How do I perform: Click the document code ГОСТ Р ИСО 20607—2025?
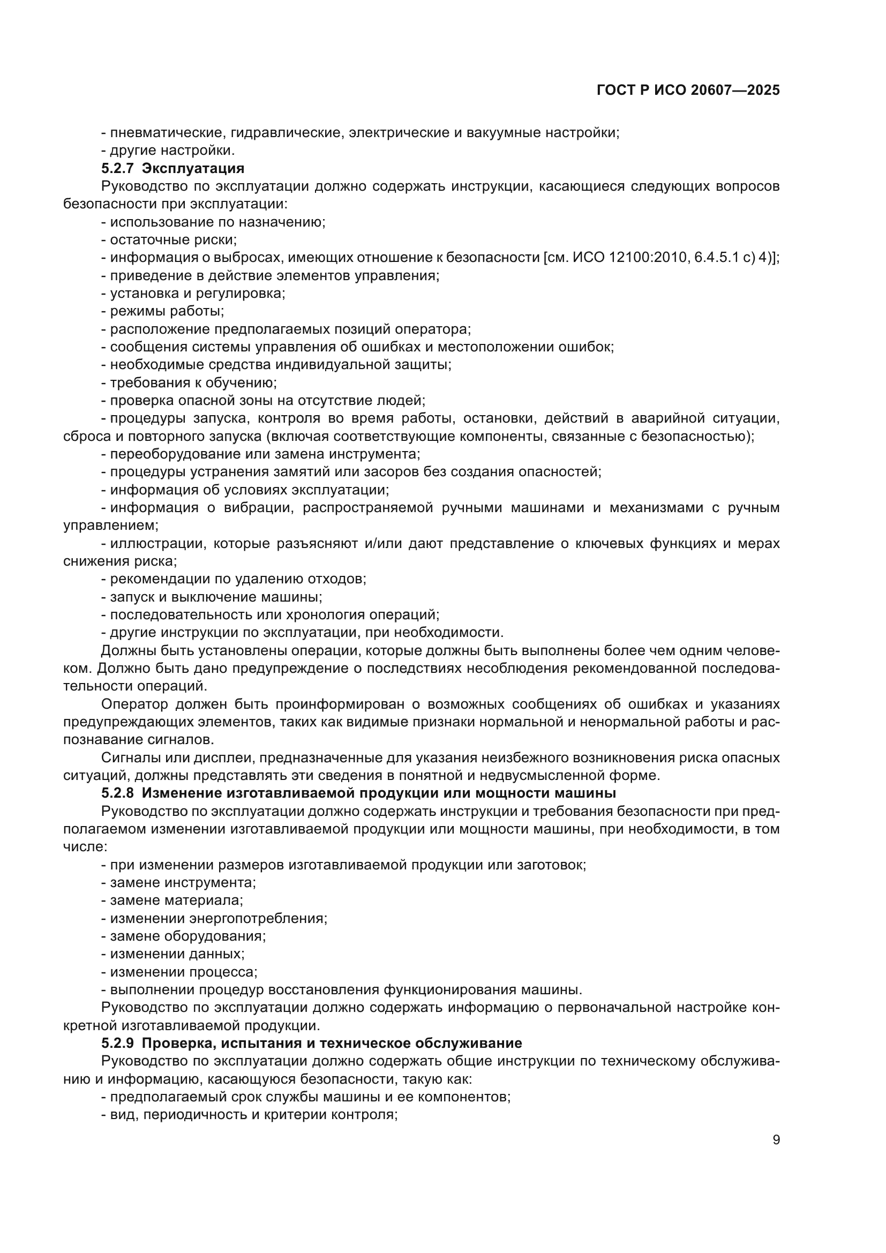pyautogui.click(x=688, y=90)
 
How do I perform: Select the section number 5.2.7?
pyautogui.click(x=117, y=168)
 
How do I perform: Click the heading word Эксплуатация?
pyautogui.click(x=193, y=168)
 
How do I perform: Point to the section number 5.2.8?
pyautogui.click(x=117, y=792)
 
